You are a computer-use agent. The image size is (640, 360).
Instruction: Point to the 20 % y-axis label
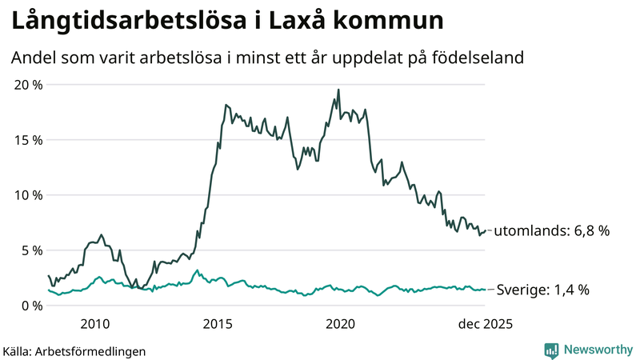coord(28,85)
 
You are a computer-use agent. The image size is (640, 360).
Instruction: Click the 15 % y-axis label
coord(28,140)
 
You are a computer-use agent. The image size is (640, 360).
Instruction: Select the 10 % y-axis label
coord(28,195)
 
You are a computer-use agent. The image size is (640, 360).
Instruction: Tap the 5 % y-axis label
coord(31,250)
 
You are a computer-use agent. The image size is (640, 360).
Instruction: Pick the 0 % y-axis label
coord(31,306)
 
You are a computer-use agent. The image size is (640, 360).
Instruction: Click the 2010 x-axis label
coord(95,324)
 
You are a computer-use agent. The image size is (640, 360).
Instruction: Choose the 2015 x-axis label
coord(218,324)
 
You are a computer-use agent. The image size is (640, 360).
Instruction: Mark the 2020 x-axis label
coord(341,324)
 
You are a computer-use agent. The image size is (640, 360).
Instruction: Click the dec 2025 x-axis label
coord(484,324)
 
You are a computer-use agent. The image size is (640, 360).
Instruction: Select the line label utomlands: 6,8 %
coord(551,230)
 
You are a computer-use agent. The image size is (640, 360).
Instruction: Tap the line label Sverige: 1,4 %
coord(543,290)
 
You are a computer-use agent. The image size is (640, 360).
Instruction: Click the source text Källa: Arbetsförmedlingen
coord(74,350)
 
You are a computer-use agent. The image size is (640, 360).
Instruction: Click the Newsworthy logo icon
coord(551,350)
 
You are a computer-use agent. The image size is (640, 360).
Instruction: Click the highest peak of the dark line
coord(338,90)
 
